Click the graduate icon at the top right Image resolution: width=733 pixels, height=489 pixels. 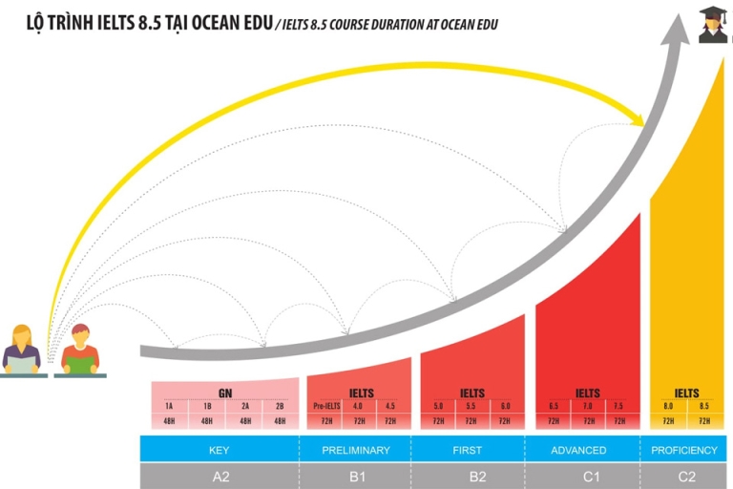[x=713, y=25]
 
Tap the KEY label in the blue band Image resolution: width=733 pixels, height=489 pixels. [x=220, y=450]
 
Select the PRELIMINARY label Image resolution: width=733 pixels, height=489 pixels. [x=355, y=450]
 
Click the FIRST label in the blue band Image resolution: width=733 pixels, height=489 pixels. [x=468, y=450]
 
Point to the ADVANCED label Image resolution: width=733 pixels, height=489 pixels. [x=578, y=450]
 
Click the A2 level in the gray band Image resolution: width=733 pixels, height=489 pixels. [x=220, y=476]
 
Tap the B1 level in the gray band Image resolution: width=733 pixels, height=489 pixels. [x=355, y=476]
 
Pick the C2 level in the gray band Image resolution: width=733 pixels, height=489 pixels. [x=686, y=476]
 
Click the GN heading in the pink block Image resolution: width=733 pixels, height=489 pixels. [x=224, y=393]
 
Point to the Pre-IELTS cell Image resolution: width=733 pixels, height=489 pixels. [x=326, y=407]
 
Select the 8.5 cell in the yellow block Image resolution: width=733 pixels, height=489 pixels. [x=704, y=407]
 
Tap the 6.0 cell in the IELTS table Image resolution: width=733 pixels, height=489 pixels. [x=504, y=407]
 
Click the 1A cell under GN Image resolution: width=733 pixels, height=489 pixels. [x=170, y=407]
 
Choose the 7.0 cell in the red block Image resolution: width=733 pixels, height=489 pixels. [x=588, y=407]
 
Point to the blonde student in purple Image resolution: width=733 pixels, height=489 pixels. [x=22, y=350]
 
